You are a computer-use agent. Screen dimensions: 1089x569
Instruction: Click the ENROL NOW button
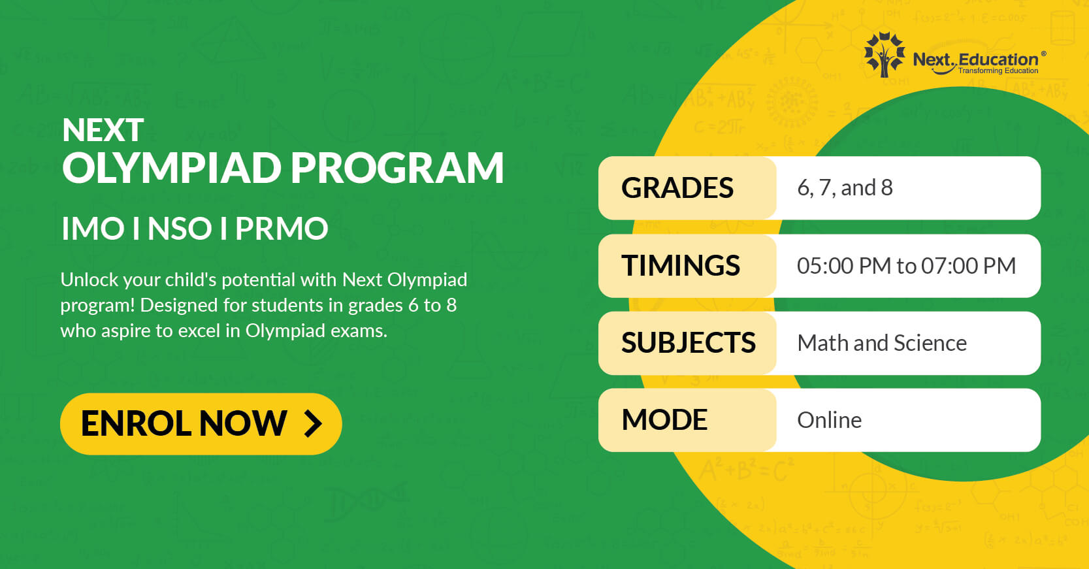click(x=201, y=423)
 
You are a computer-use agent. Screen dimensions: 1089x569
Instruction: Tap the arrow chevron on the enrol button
click(x=313, y=423)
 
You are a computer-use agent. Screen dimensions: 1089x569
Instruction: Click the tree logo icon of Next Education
click(x=885, y=54)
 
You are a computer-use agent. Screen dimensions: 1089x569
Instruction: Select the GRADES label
click(x=677, y=187)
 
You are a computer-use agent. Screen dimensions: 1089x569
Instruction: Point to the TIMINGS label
click(x=681, y=265)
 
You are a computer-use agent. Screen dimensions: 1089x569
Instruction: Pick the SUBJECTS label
click(x=689, y=343)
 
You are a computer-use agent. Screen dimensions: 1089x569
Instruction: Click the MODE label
click(x=664, y=419)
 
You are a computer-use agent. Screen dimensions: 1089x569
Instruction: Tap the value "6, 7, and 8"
click(x=845, y=188)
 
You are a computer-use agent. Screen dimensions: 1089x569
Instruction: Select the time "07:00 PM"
click(x=968, y=266)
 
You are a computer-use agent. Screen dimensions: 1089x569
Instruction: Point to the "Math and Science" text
click(x=882, y=344)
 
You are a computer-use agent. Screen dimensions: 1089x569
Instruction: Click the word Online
click(x=830, y=420)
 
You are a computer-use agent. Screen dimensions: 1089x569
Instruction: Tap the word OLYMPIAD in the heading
click(x=172, y=168)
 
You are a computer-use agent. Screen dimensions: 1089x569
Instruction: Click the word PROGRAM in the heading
click(x=397, y=168)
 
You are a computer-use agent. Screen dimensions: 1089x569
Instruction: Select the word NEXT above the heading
click(x=103, y=130)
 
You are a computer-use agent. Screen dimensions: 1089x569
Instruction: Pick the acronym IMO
click(x=93, y=229)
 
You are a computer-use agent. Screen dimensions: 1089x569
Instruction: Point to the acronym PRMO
click(x=282, y=229)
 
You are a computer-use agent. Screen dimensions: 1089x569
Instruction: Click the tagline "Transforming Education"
click(x=998, y=71)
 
